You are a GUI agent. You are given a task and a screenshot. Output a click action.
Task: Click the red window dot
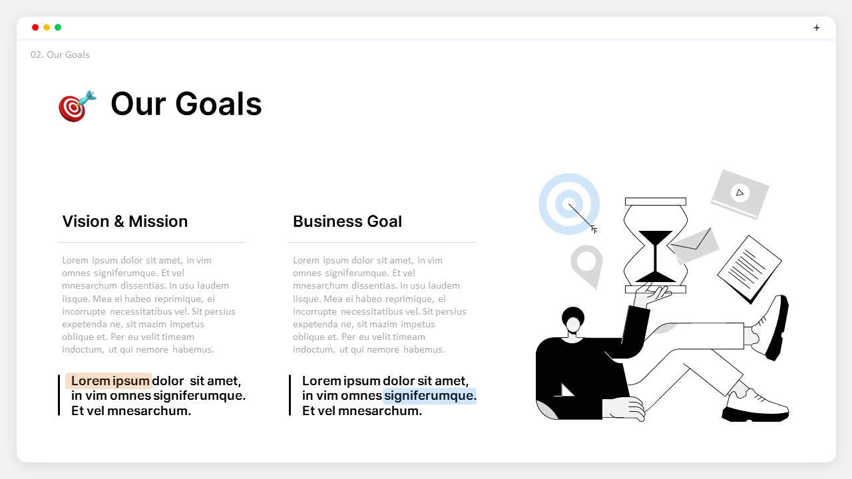(35, 27)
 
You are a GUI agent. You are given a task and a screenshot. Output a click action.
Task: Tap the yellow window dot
(47, 27)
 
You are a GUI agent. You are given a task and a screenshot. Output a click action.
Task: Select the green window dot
(58, 27)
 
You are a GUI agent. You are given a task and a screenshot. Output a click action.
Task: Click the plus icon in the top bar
(817, 28)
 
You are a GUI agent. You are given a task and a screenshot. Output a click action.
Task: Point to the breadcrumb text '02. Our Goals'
(60, 55)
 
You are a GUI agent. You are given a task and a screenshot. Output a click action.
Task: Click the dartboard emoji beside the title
(77, 106)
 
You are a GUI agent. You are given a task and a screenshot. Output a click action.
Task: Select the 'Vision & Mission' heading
(125, 222)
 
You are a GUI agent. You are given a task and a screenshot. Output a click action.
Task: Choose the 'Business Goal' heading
(347, 222)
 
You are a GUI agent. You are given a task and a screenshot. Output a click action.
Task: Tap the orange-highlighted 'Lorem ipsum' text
(110, 381)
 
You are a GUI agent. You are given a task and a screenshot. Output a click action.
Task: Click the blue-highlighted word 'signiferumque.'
(430, 396)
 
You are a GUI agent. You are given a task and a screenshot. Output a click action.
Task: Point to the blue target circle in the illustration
(568, 204)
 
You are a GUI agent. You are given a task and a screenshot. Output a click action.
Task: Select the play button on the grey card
(740, 193)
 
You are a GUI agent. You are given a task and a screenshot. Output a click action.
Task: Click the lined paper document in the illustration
(749, 268)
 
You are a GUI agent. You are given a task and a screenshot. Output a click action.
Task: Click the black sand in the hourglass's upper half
(656, 238)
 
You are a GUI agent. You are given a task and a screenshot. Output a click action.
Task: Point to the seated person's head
(573, 321)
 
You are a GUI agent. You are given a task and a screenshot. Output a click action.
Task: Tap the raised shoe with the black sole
(772, 327)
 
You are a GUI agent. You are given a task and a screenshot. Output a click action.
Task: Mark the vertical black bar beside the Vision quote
(59, 395)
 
